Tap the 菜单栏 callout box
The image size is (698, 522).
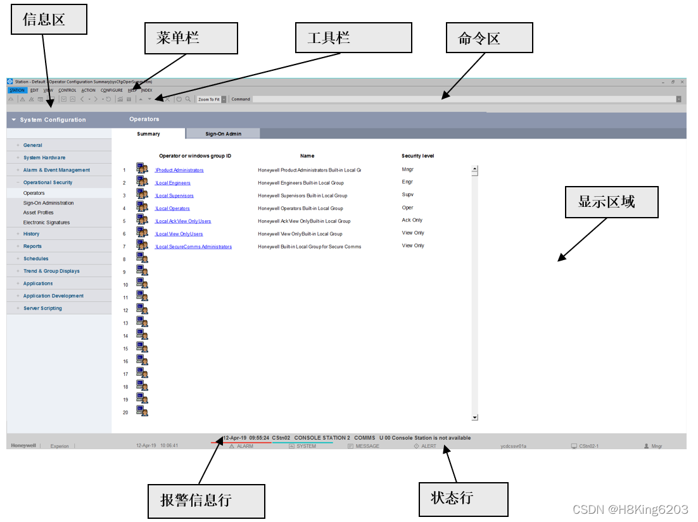(x=191, y=38)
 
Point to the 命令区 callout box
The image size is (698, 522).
(x=489, y=38)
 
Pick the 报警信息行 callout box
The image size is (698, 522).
(x=206, y=501)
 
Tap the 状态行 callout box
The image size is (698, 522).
(x=463, y=499)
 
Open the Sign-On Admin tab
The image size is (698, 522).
(x=223, y=134)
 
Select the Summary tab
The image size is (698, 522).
(x=148, y=134)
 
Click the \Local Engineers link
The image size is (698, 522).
(x=173, y=183)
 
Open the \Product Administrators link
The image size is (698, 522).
(x=180, y=170)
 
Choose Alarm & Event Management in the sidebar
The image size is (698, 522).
(x=56, y=170)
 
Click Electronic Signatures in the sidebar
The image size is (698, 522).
(x=46, y=223)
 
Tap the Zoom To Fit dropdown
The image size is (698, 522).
(x=210, y=99)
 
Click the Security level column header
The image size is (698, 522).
(x=417, y=156)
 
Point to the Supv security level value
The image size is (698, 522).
(x=408, y=195)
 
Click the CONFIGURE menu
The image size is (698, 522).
(x=111, y=90)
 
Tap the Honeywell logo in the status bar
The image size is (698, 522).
(x=23, y=445)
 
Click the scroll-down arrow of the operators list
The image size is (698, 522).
(x=475, y=418)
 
